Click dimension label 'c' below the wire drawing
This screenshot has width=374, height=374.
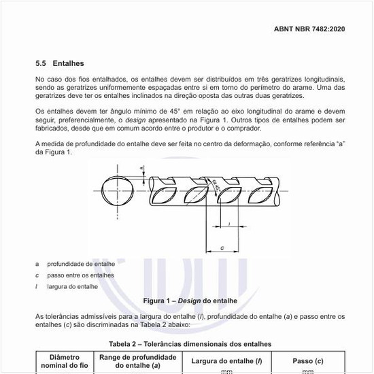click(x=223, y=249)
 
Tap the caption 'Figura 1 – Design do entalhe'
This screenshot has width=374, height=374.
click(x=186, y=300)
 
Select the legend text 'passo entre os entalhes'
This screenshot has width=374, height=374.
click(x=81, y=275)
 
